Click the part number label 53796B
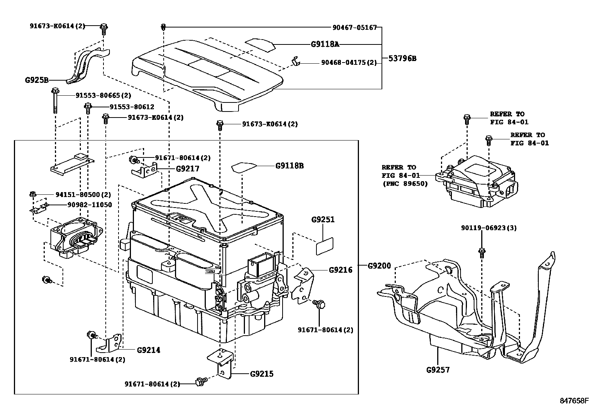coord(402,58)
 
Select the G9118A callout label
coord(325,44)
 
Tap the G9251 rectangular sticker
coord(324,246)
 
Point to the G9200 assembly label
coord(379,266)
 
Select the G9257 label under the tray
coord(438,370)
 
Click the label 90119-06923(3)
coord(489,228)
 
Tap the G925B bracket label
coord(37,80)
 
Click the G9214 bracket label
coord(148,350)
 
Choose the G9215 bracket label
coord(261,374)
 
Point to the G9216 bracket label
coord(341,270)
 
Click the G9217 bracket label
coord(187,168)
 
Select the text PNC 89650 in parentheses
coord(405,184)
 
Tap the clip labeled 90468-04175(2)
coord(296,61)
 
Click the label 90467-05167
coord(354,27)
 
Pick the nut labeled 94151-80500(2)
coord(32,194)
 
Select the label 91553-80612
coord(132,107)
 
